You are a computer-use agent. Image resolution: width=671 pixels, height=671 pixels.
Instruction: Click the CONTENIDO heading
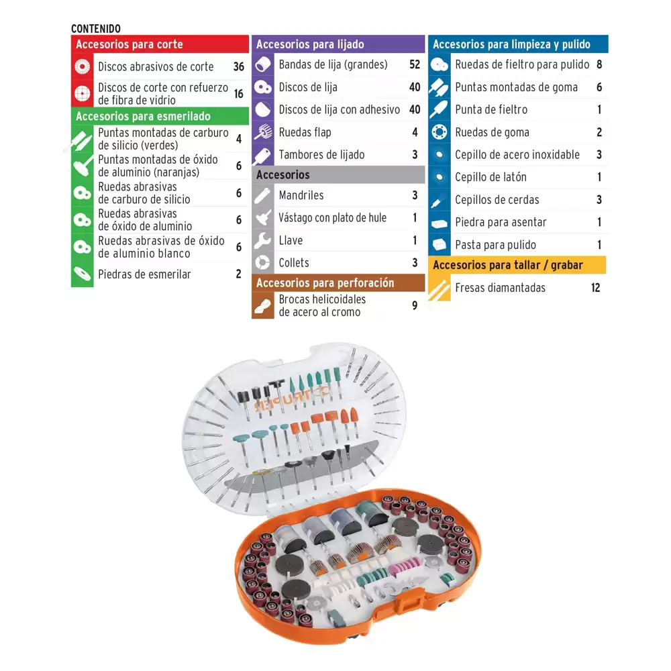[x=96, y=29]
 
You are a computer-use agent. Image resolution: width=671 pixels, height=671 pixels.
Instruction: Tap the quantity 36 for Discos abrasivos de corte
[x=239, y=66]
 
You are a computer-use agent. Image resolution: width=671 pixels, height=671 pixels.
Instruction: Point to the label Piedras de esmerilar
[x=145, y=274]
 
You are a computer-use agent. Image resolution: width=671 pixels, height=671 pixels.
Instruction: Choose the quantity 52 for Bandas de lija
[x=415, y=64]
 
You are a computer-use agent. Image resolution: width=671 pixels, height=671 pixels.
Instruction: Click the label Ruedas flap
[x=305, y=132]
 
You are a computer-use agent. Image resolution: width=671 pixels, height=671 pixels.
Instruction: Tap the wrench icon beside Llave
[x=263, y=240]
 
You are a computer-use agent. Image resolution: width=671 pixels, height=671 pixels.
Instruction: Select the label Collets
[x=294, y=263]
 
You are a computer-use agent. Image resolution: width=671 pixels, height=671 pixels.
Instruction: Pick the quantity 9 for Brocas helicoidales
[x=415, y=305]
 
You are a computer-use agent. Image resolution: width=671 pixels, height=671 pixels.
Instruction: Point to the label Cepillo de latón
[x=491, y=177]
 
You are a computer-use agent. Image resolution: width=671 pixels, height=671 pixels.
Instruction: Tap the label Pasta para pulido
[x=496, y=245]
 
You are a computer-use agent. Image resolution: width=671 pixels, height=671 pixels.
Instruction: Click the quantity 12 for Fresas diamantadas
[x=596, y=288]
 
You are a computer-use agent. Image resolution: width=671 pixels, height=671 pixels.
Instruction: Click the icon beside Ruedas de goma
[x=440, y=132]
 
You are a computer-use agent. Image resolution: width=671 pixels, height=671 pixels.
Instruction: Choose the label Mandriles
[x=301, y=195]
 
